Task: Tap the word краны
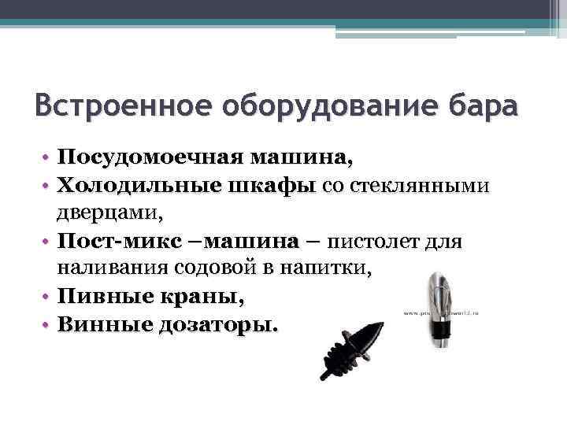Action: coord(204,297)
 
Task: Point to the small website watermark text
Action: coord(446,313)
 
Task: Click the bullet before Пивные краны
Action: coord(46,297)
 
